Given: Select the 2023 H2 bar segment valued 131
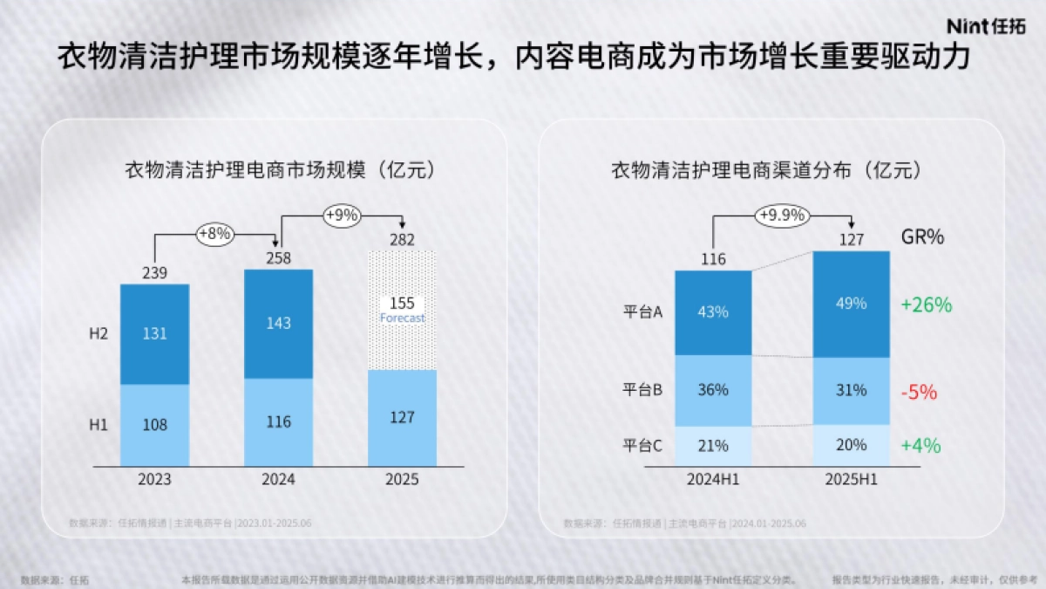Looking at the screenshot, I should [x=154, y=334].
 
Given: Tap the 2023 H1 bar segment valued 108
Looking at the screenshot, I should [x=154, y=425].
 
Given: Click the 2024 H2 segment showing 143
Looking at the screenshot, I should [x=278, y=323].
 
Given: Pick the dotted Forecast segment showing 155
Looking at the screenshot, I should [x=402, y=310].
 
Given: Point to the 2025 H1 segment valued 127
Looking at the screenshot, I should [x=402, y=417].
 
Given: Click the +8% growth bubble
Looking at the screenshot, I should [x=214, y=234].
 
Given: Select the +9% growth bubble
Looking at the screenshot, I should [x=341, y=216].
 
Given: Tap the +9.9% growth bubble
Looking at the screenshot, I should [x=781, y=215].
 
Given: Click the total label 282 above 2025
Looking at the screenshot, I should [x=402, y=240].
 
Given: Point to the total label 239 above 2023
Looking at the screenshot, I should [x=154, y=274].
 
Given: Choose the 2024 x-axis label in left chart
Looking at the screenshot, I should [x=278, y=480].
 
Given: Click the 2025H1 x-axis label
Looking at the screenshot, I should [x=851, y=480].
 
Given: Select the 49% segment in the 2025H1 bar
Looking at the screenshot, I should [x=851, y=304].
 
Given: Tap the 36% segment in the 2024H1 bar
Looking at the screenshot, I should [x=713, y=390].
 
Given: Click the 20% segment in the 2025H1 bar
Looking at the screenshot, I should [x=851, y=445].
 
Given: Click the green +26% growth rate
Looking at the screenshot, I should [x=926, y=305].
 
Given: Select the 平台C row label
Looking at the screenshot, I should [x=643, y=446].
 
